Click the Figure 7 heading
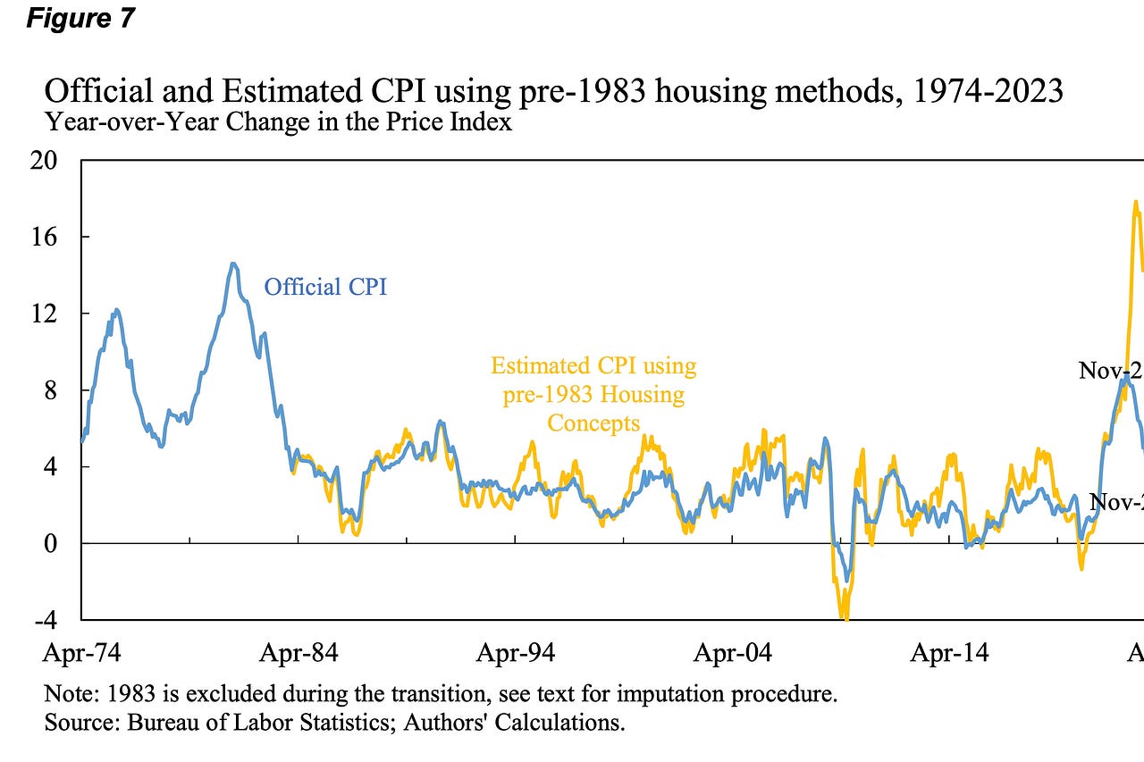pyautogui.click(x=80, y=18)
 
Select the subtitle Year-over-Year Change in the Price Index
pyautogui.click(x=278, y=121)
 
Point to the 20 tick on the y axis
pyautogui.click(x=44, y=161)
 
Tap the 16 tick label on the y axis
pyautogui.click(x=44, y=237)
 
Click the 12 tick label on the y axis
pyautogui.click(x=44, y=314)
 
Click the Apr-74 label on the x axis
pyautogui.click(x=81, y=653)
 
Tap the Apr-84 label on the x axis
pyautogui.click(x=299, y=653)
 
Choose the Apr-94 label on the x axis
pyautogui.click(x=516, y=653)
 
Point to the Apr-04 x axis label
pyautogui.click(x=733, y=653)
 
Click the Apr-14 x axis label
pyautogui.click(x=949, y=653)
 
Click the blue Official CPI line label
pyautogui.click(x=325, y=287)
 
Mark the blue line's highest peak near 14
pyautogui.click(x=232, y=264)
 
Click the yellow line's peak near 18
pyautogui.click(x=1136, y=202)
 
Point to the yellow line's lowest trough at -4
pyautogui.click(x=844, y=616)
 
